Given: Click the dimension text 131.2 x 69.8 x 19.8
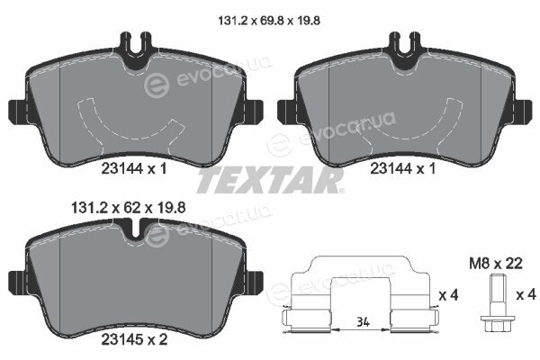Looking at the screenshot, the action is coord(269,21).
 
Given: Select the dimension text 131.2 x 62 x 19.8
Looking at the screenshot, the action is coord(128,208).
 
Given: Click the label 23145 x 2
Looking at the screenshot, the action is coord(134,339).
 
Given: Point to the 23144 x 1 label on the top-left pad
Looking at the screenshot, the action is coord(134,168).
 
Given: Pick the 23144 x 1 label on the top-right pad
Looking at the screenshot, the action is coord(403,168).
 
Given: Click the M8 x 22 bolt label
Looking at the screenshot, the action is coord(496,264).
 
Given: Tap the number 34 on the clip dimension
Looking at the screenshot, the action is coord(363,322).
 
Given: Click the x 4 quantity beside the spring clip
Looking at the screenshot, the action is coord(448,295).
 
